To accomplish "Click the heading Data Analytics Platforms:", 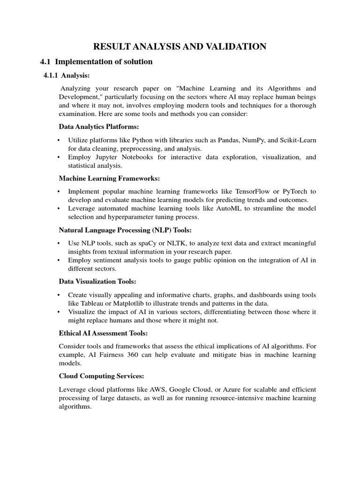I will (99, 127).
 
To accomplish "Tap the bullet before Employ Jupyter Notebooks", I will (59, 157).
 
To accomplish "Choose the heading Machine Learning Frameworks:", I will (109, 178).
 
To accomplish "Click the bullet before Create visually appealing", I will (59, 295).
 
